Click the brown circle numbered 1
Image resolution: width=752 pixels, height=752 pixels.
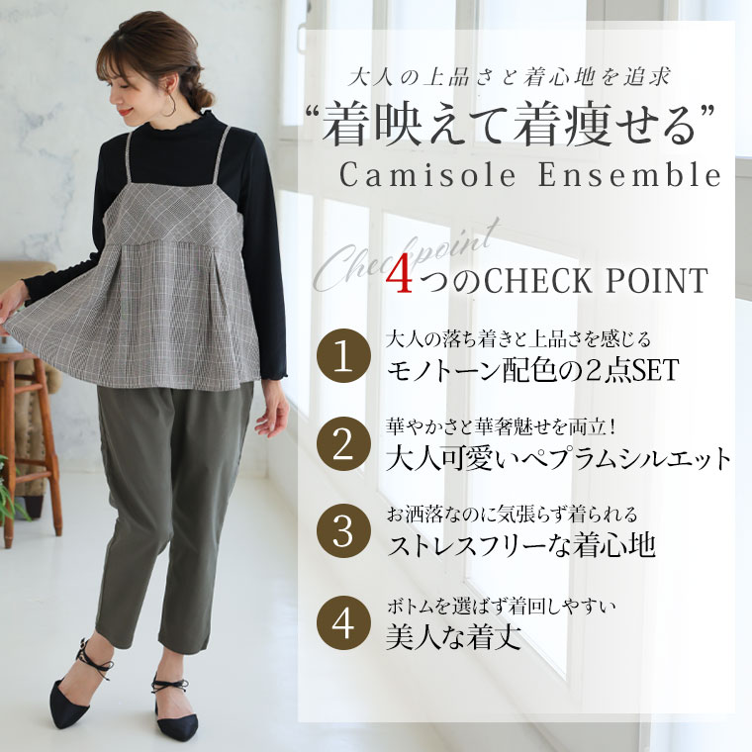343,355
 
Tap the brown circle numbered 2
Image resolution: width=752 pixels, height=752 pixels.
343,444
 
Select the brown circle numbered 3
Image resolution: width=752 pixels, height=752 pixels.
343,531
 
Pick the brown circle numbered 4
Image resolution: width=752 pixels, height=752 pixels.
343,623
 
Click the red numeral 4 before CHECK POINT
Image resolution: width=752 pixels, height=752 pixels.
399,279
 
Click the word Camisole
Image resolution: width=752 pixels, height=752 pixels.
427,174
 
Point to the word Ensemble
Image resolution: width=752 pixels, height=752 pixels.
629,174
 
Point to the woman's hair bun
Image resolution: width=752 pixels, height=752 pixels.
203,96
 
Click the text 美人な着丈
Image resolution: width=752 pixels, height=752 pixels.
453,636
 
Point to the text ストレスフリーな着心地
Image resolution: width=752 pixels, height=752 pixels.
521,545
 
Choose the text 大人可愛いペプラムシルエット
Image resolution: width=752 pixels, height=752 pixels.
559,458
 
